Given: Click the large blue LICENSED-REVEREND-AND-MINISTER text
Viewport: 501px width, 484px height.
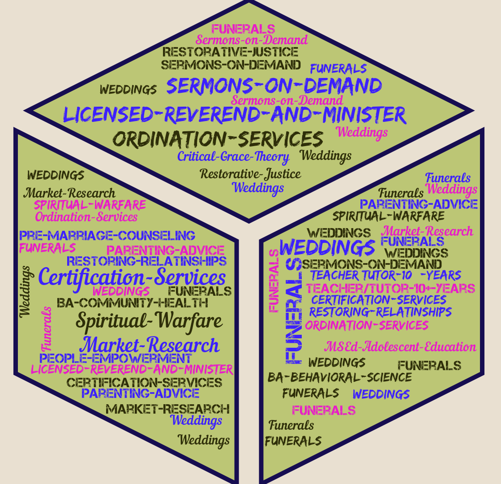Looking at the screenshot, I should pyautogui.click(x=235, y=115).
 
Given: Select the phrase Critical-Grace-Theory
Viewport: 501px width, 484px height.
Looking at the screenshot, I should pyautogui.click(x=233, y=156).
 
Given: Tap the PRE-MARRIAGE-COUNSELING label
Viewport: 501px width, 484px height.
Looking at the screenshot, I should pyautogui.click(x=107, y=235).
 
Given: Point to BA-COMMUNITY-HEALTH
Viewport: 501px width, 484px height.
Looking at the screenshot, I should pyautogui.click(x=133, y=303).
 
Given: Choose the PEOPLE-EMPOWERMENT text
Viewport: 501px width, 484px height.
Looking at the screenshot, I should pyautogui.click(x=116, y=359).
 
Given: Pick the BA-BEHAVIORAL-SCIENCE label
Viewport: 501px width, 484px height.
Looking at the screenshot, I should pyautogui.click(x=340, y=377).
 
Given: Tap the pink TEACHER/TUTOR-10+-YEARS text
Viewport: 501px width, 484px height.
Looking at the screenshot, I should pyautogui.click(x=390, y=288).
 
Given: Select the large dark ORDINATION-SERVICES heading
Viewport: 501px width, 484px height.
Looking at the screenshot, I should pyautogui.click(x=218, y=139).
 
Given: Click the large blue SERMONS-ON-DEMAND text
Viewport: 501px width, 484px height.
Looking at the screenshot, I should pyautogui.click(x=274, y=86).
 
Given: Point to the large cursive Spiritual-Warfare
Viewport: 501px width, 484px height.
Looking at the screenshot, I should pyautogui.click(x=149, y=321).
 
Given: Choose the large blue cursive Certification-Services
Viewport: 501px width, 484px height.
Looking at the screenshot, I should pyautogui.click(x=132, y=277).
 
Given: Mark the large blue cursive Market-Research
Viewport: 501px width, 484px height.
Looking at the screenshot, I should pyautogui.click(x=150, y=345).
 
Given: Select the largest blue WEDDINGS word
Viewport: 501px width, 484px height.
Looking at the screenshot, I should pyautogui.click(x=328, y=247).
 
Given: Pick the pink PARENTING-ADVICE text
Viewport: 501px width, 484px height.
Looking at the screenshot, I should pyautogui.click(x=165, y=250).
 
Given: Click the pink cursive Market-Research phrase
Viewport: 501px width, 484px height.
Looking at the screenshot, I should pyautogui.click(x=427, y=231).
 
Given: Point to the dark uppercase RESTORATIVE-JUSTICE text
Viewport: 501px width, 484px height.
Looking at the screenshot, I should pyautogui.click(x=230, y=52).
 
